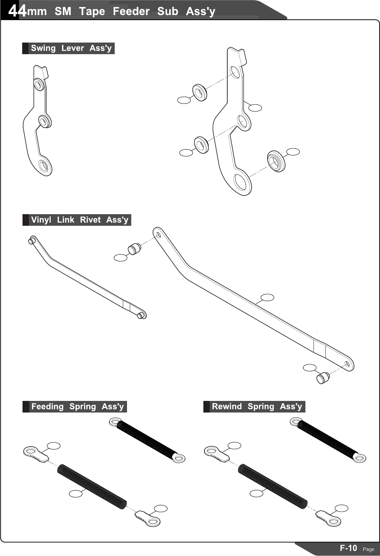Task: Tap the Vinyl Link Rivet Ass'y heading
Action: point(79,220)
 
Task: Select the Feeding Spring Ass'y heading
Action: point(77,407)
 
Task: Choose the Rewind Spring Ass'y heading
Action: point(256,407)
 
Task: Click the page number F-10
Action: point(348,548)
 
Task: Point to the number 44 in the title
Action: point(17,11)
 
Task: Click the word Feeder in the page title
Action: point(131,11)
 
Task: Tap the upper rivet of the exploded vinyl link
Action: point(134,249)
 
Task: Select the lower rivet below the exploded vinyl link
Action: point(323,378)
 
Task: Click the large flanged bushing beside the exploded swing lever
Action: point(276,161)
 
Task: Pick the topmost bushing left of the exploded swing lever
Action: point(200,92)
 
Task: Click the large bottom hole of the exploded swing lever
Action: point(242,183)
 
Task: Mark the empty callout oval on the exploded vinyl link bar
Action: point(267,297)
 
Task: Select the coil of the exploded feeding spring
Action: point(92,486)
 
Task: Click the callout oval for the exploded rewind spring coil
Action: point(256,493)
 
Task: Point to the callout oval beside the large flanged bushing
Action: point(293,152)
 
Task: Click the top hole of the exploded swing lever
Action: point(235,72)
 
